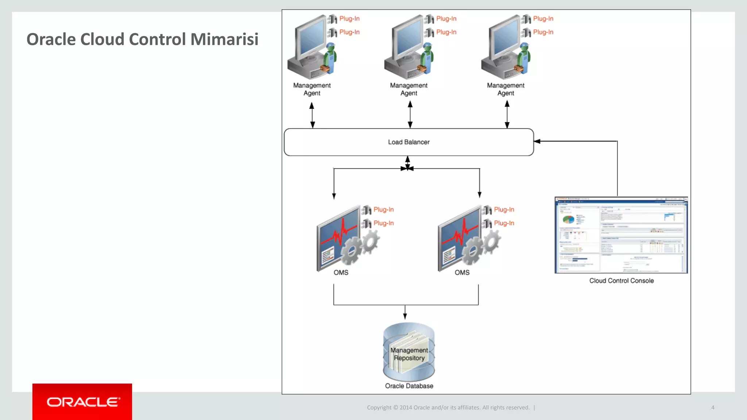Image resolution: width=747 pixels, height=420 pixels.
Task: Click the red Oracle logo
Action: [82, 402]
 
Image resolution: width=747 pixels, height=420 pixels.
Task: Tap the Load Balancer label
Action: [409, 142]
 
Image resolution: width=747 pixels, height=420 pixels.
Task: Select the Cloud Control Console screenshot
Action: [621, 235]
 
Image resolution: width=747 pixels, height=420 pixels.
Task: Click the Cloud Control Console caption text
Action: [621, 281]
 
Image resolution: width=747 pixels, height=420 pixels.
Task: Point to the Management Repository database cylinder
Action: [409, 352]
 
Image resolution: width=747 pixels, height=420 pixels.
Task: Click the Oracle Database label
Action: [409, 386]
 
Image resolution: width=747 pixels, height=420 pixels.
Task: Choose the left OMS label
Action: [341, 273]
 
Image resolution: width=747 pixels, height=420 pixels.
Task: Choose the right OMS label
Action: [462, 273]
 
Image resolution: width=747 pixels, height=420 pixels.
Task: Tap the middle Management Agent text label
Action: [409, 89]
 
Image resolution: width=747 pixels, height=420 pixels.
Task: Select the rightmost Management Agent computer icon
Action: [505, 47]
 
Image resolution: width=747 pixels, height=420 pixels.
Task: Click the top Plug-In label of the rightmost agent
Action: [543, 19]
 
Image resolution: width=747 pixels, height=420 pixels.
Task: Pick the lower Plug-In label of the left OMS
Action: [383, 223]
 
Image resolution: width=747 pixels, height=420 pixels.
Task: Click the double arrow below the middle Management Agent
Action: [410, 114]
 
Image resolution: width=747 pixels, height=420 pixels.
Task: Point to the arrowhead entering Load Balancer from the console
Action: [537, 141]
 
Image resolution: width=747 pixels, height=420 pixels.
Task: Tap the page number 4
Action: [712, 408]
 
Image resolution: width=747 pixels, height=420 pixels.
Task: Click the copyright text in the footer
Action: [448, 408]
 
